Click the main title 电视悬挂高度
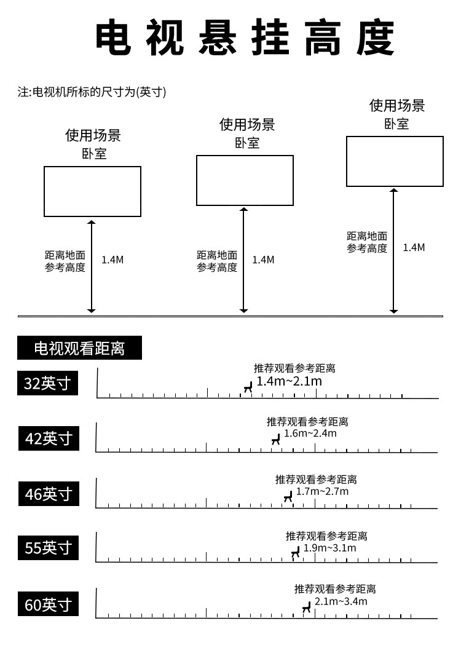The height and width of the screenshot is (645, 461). coord(245,38)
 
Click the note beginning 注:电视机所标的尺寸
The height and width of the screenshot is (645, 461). coord(92,92)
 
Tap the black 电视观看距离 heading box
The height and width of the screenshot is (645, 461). coord(79,349)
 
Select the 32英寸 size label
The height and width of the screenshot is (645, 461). coord(47,384)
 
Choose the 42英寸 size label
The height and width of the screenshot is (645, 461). coord(49,438)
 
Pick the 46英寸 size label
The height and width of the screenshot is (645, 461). coord(49,493)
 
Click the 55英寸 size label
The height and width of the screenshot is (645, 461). coord(49,547)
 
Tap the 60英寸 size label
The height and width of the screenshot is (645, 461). coord(49,604)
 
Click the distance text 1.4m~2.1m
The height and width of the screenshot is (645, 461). coord(289,381)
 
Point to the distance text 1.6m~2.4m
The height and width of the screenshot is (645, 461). coord(310,433)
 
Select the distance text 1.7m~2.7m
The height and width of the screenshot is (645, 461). coord(322,491)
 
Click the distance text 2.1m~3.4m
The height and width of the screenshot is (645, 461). coord(341,601)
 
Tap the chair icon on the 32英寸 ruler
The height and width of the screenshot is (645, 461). coord(248,387)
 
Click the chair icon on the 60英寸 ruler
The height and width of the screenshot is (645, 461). coord(306,608)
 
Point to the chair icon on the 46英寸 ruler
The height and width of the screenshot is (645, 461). coord(288,496)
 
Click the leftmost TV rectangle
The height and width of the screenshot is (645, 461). coord(92,191)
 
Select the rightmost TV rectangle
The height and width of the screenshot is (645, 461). coord(395,161)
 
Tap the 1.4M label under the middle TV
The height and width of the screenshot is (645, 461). coord(263,259)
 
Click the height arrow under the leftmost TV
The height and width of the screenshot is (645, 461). coord(92,266)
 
